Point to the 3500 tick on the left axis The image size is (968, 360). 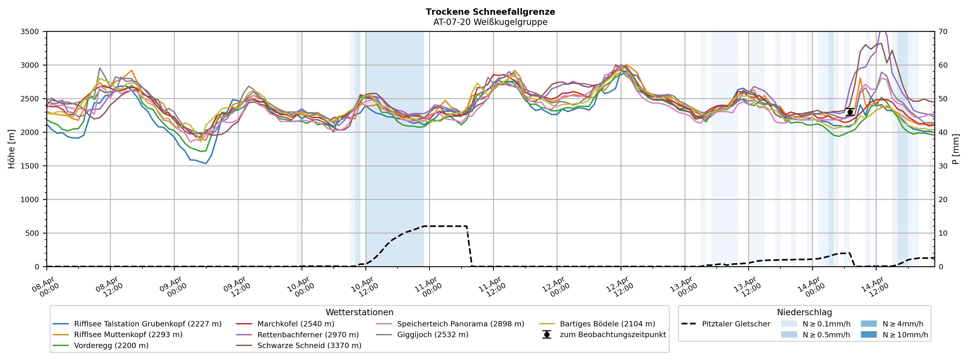[30, 32]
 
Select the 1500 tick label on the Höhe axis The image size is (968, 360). [30, 166]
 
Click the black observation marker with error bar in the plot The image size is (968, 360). [850, 112]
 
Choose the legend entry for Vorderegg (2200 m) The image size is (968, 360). [111, 345]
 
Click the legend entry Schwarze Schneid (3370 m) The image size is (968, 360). [309, 345]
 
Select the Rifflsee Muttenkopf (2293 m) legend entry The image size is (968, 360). [128, 335]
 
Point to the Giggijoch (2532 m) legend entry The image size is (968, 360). [432, 335]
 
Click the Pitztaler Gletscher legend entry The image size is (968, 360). [736, 324]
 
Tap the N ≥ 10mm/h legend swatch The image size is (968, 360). [868, 335]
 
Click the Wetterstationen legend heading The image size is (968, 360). [359, 312]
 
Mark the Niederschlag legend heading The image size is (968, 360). [804, 312]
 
